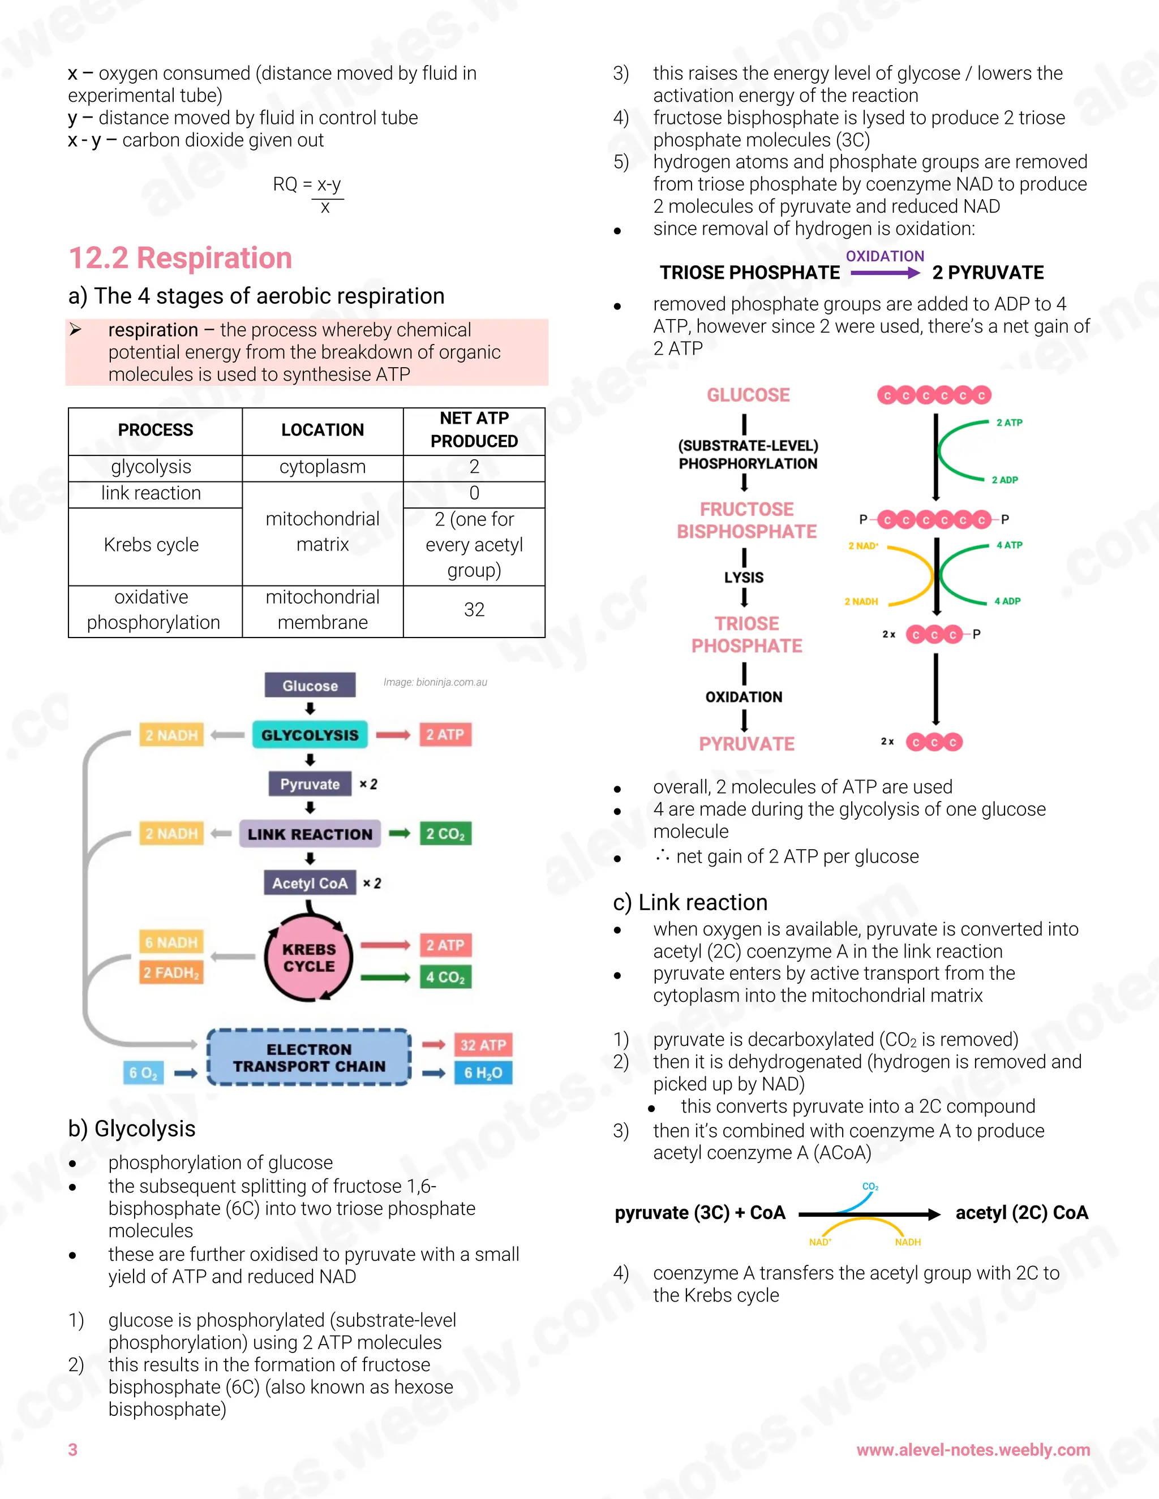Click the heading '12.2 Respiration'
coord(180,258)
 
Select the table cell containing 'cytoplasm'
coord(322,467)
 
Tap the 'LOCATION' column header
coord(322,430)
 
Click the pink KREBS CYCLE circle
coord(309,958)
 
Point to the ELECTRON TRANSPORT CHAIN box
coord(309,1058)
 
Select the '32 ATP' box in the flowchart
coord(483,1045)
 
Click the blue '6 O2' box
coord(143,1072)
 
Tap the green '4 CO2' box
coord(445,977)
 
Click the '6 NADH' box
coord(171,942)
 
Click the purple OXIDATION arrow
coord(885,273)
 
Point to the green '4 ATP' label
coord(1008,545)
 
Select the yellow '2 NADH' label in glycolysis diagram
coord(861,601)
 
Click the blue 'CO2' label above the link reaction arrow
coord(870,1187)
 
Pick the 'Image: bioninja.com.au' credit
coord(435,682)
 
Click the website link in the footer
coord(972,1450)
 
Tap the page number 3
coord(73,1450)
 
